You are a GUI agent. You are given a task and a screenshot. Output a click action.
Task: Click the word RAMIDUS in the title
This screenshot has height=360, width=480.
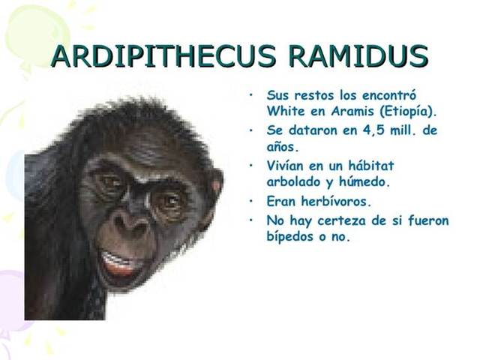pos(358,57)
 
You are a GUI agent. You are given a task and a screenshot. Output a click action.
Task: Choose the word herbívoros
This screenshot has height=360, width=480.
pos(334,201)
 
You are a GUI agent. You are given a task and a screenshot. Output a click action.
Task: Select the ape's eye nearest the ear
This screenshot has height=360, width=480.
pos(170,200)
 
